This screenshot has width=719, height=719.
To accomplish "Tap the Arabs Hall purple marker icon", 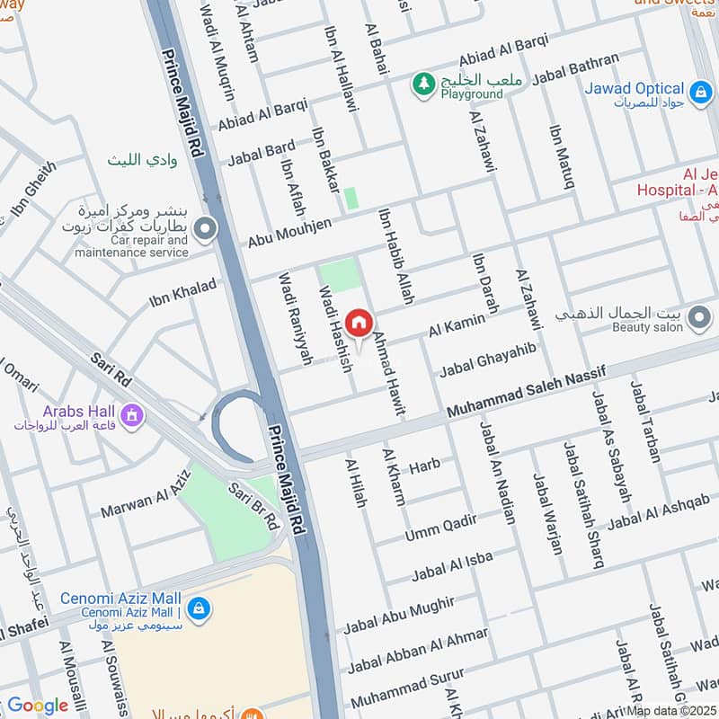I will coord(133,415).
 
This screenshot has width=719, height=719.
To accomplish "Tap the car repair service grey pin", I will coord(205,230).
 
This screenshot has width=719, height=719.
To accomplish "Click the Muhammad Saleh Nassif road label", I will coord(526,390).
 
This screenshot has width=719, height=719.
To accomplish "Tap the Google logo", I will coord(38,706).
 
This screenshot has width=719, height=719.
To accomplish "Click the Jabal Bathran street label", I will coord(575,70).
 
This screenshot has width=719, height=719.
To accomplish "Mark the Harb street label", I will coord(425,466).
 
